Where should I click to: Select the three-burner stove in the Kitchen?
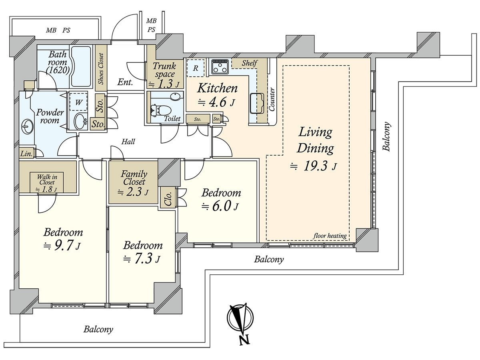(220, 66)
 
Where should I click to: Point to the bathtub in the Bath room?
(81, 67)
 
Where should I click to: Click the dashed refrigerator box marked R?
(196, 68)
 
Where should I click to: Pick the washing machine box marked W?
(78, 102)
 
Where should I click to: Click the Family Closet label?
(134, 178)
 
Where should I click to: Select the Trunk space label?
(164, 70)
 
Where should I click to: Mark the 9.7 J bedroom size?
(62, 246)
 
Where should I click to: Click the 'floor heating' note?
(330, 236)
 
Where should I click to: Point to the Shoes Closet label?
(101, 69)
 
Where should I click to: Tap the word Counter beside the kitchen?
(272, 100)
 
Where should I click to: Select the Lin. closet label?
(26, 154)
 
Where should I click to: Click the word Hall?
(128, 142)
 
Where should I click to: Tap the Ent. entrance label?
(125, 82)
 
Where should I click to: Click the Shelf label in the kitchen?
(249, 63)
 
